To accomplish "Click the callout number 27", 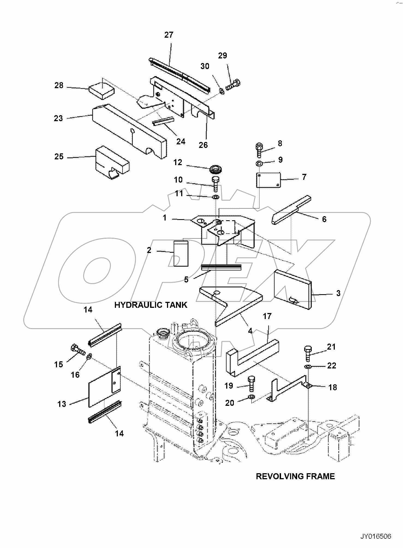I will pos(169,35).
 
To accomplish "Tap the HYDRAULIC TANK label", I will pos(151,305).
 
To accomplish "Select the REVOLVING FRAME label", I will pos(295,476).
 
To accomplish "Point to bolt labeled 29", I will pos(233,84).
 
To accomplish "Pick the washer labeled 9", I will pos(259,164).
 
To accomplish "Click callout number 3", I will pos(338,293).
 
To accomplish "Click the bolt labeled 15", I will pos(77,349).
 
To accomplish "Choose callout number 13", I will pos(62,404).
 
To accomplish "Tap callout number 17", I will pos(267,316).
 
